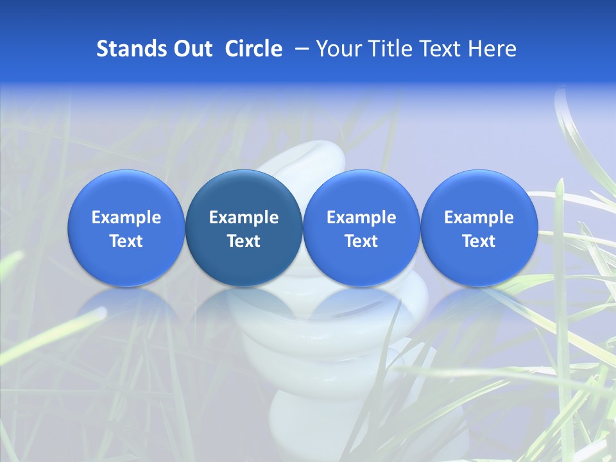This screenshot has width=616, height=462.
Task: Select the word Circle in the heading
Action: (253, 49)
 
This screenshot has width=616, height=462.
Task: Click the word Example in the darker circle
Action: (244, 218)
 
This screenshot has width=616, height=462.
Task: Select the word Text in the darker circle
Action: (244, 241)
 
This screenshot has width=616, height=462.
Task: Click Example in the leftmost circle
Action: (126, 218)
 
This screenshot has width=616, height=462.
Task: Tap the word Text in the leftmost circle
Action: (126, 241)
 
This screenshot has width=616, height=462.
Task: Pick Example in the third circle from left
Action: (361, 218)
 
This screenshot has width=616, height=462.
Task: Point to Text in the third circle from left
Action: (361, 241)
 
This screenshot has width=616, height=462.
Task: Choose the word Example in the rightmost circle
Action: (479, 218)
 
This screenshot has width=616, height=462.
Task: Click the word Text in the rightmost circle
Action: (479, 241)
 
